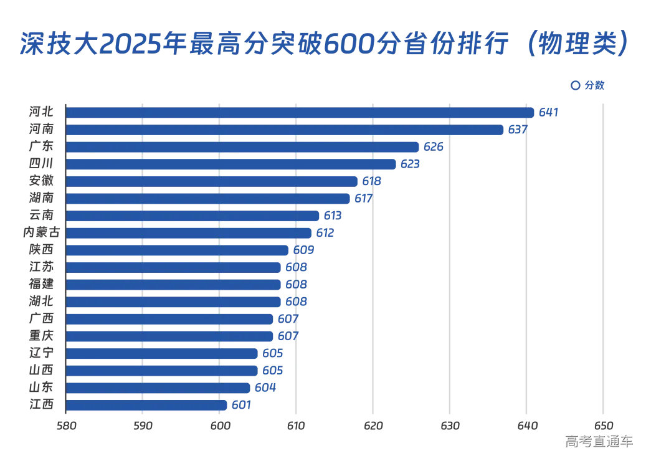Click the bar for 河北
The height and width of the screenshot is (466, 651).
click(299, 113)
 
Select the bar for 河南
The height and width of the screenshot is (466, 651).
click(284, 130)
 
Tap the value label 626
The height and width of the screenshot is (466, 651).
click(434, 147)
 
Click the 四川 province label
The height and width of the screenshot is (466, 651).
click(41, 164)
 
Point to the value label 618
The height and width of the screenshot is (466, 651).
click(372, 181)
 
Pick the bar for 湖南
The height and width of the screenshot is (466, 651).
click(207, 199)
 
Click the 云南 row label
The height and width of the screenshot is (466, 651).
click(41, 216)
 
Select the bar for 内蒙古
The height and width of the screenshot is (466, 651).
click(188, 233)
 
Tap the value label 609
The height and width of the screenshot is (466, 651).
click(303, 250)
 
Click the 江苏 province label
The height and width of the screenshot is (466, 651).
click(41, 267)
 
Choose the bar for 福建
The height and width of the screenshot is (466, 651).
click(173, 285)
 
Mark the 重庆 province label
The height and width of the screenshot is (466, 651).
click(41, 336)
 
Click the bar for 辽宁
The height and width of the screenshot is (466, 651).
click(161, 353)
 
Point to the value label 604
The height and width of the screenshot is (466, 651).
click(265, 388)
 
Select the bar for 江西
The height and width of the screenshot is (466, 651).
click(146, 405)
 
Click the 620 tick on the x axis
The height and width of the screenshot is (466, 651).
click(373, 426)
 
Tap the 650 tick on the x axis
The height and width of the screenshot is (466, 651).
click(602, 426)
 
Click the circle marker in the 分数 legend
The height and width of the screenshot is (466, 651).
click(575, 85)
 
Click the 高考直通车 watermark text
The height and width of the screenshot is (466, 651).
click(599, 442)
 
